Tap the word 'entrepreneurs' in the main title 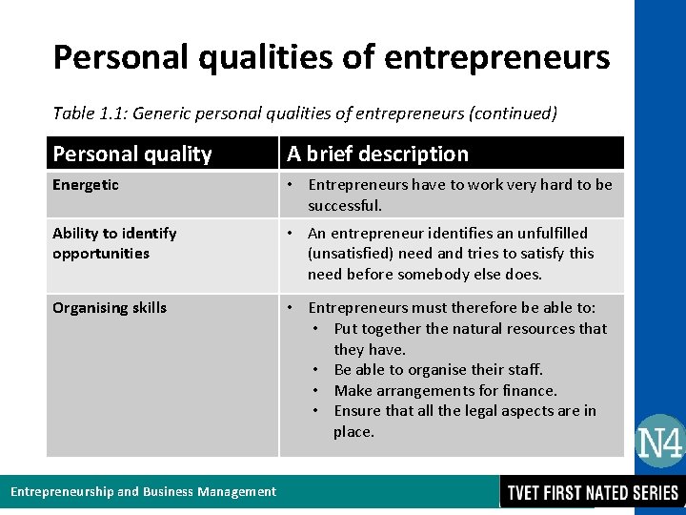click(496, 57)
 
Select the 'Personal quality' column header click(131, 154)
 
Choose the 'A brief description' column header click(378, 154)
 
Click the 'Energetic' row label click(86, 185)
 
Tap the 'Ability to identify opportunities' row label click(114, 243)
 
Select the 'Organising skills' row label click(110, 307)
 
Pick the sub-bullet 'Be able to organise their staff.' click(438, 369)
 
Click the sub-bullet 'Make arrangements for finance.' click(445, 390)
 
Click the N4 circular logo click(659, 442)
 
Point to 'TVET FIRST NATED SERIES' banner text click(593, 492)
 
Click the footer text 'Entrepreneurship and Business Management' click(143, 492)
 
